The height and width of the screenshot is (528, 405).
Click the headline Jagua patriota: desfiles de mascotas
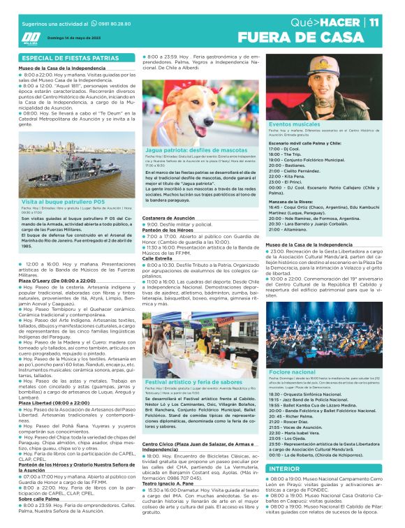[x=196, y=150]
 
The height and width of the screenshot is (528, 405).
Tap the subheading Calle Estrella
[x=158, y=258]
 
